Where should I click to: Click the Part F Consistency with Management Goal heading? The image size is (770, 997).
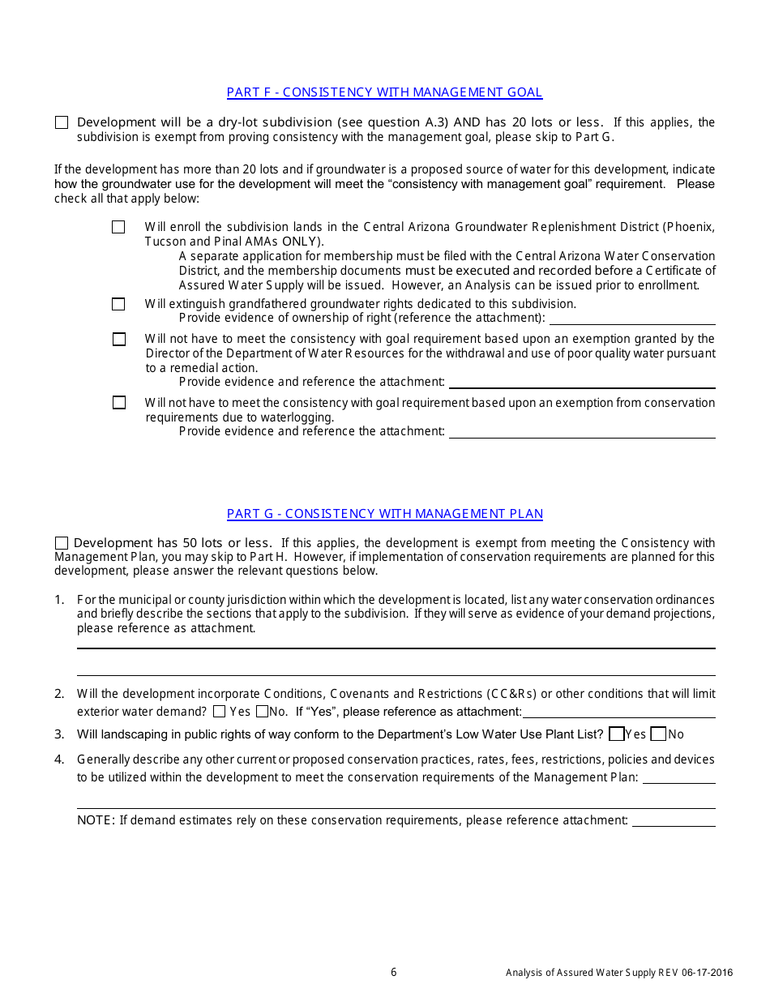coord(384,92)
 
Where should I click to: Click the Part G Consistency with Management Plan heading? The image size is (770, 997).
coord(384,514)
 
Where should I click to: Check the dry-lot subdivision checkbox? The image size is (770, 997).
coord(62,122)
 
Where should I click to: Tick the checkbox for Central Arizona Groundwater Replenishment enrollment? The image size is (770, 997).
coord(118,227)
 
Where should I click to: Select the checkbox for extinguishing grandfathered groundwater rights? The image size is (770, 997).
coord(118,304)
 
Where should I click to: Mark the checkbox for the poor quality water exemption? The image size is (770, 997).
coord(119,339)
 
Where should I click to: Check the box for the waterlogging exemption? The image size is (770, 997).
coord(119,402)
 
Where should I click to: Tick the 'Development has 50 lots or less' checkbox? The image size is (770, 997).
coord(62,543)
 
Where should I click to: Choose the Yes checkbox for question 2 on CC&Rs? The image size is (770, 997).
coord(219,712)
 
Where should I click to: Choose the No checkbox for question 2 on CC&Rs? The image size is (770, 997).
coord(262,712)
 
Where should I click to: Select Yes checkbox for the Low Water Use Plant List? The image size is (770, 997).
coord(616,734)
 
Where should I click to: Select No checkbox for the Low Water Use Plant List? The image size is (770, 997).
coord(658,734)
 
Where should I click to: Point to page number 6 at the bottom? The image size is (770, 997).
coord(394,973)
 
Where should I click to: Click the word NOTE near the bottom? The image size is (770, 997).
coord(96,820)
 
